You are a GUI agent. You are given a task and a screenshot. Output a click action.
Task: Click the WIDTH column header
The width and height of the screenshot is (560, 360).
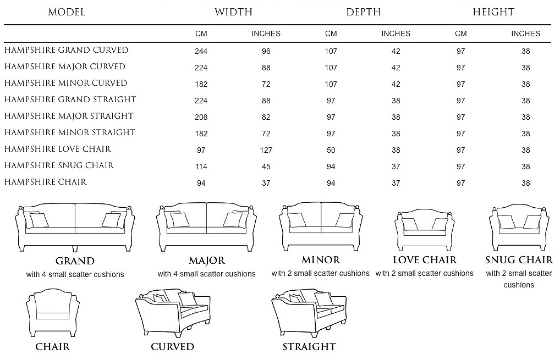coord(234,12)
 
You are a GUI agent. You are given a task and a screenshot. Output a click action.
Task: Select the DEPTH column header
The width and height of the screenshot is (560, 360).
coord(364,12)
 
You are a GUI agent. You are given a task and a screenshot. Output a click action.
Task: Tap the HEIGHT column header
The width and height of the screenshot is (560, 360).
coord(493,12)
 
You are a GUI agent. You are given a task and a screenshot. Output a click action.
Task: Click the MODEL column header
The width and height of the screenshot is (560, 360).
coord(67,12)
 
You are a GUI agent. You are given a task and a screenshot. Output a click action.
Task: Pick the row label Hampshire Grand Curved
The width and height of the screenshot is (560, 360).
coord(66,50)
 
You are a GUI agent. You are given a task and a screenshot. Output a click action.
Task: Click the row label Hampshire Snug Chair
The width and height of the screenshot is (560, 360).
coord(59,165)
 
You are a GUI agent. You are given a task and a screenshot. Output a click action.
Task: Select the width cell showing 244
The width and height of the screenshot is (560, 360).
coord(201,51)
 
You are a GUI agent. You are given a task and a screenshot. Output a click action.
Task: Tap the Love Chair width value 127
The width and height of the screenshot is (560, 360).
coord(266,150)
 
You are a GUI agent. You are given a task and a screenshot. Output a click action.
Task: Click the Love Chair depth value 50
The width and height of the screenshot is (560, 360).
coord(331,150)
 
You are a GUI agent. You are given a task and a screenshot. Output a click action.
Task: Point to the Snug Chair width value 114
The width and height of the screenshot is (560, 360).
coord(201,167)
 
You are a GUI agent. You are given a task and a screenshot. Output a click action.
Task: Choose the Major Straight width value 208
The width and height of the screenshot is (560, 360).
coord(201,118)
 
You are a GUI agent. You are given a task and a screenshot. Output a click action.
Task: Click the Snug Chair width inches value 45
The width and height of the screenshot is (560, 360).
coord(266,167)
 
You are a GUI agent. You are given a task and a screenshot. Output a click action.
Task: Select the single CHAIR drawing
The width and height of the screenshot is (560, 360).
coord(53,313)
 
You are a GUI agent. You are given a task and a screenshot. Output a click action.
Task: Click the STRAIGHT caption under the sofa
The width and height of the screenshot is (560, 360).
coord(309,347)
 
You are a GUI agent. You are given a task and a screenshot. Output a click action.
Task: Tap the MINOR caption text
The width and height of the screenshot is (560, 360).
coord(321,260)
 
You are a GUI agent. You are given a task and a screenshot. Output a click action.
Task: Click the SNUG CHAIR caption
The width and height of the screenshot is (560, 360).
coord(519,260)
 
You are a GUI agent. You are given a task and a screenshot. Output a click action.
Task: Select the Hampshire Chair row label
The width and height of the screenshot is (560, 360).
coord(45,182)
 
